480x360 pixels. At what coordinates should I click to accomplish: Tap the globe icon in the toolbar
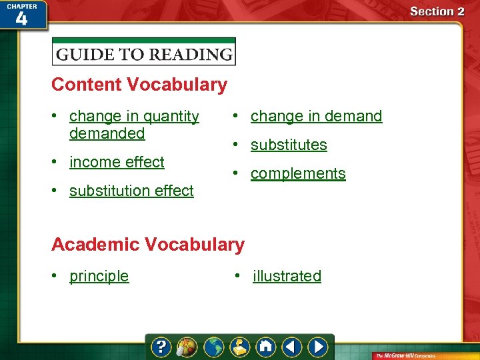point(214,347)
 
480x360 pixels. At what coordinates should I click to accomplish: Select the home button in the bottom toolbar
point(266,347)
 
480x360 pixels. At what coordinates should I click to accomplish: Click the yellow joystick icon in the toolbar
point(240,347)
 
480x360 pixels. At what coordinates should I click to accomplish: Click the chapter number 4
point(21,18)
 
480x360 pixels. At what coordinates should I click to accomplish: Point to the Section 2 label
point(437,11)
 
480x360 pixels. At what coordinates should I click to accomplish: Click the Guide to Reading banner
point(144,53)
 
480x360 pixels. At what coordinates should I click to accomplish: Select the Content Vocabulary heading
point(139,85)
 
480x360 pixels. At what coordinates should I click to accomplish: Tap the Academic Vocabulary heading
point(148,245)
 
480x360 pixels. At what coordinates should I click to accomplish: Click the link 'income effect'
point(117,162)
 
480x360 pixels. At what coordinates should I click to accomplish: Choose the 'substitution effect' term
point(131,191)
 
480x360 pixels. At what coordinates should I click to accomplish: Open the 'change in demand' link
point(316,116)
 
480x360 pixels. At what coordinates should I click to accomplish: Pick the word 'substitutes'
point(289,145)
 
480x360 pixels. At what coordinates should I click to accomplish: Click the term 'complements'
point(298,173)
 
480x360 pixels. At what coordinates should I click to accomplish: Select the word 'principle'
point(99,276)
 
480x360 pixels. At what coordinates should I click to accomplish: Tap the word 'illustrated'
point(287,276)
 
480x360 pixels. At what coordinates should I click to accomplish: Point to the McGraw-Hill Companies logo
point(420,355)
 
